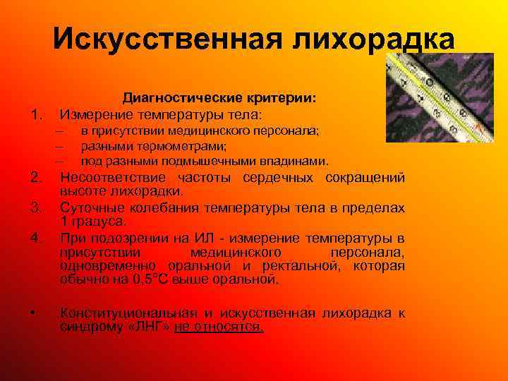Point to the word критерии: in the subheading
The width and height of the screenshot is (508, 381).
click(x=282, y=98)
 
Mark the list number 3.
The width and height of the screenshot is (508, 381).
click(x=39, y=207)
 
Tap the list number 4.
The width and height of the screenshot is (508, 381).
click(x=39, y=237)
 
